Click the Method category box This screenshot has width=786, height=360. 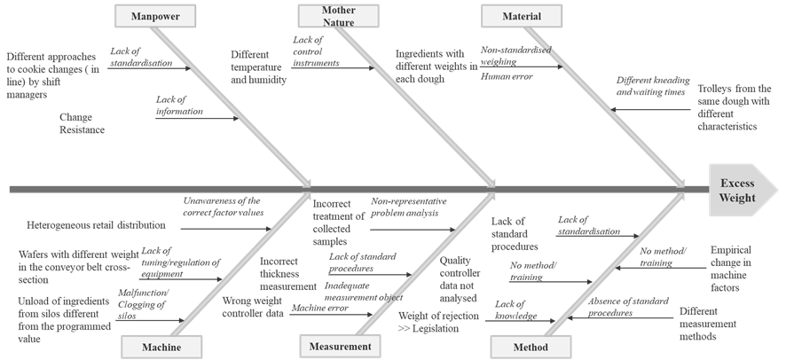531,347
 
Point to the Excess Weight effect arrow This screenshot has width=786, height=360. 739,190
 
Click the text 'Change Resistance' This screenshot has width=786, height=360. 82,123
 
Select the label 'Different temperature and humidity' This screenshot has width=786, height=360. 258,67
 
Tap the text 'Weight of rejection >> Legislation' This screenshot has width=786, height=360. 428,322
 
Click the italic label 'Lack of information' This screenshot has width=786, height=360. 178,106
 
